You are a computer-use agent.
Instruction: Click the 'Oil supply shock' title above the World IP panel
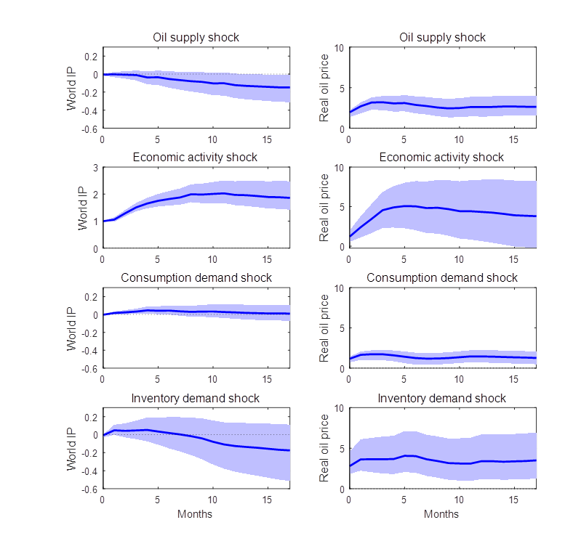coord(196,37)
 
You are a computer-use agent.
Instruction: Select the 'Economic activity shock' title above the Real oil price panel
coord(442,158)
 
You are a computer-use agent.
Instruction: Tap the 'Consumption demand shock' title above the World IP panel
coord(196,278)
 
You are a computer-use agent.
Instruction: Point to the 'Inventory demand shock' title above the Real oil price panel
coord(442,399)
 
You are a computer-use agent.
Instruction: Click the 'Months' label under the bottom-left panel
coord(196,514)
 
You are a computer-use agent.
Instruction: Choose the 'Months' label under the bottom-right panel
coord(442,514)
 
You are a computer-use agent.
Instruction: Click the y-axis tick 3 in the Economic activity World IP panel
coord(95,168)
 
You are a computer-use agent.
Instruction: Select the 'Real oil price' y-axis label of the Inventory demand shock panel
coord(325,449)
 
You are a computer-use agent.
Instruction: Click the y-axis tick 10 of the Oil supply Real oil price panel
coord(339,47)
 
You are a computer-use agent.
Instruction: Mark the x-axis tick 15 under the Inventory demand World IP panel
coord(268,500)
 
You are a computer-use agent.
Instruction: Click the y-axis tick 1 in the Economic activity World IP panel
coord(95,221)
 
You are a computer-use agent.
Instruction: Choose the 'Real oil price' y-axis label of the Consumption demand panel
coord(325,328)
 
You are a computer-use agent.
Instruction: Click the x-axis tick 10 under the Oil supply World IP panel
coord(212,139)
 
